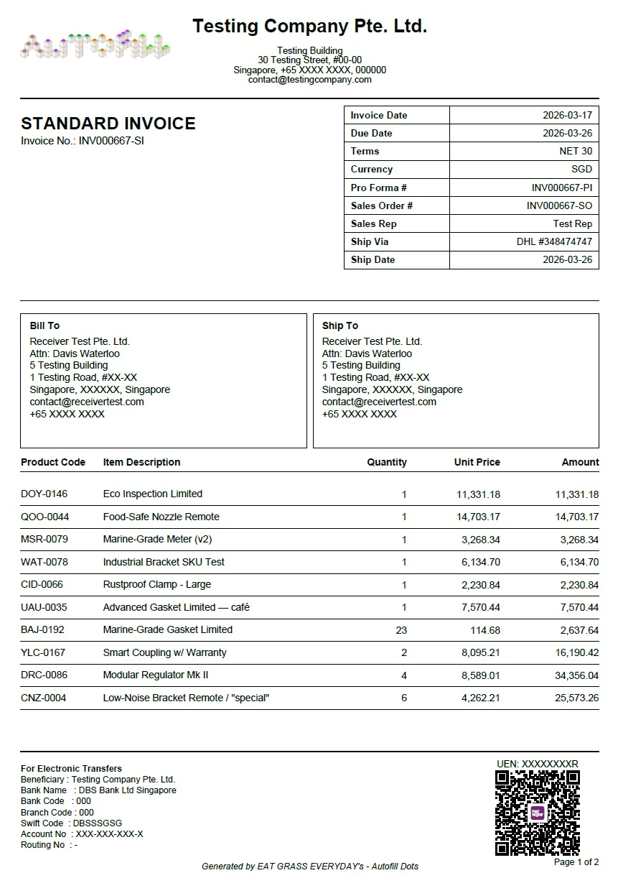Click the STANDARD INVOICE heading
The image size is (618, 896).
(x=108, y=124)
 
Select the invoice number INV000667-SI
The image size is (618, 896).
(x=111, y=141)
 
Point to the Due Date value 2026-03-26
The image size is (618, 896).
(x=567, y=133)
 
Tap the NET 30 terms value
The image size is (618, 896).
(x=576, y=151)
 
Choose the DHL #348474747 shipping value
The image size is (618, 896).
(x=554, y=241)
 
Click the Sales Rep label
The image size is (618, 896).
(x=373, y=223)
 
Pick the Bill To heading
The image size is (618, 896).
(x=45, y=325)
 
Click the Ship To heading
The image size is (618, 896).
(x=340, y=325)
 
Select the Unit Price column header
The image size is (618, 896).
(x=477, y=462)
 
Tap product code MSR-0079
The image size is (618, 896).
(x=45, y=539)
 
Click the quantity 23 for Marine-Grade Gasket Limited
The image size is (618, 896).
(x=401, y=630)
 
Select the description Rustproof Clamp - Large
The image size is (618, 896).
(x=157, y=584)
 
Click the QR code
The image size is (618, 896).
(x=537, y=813)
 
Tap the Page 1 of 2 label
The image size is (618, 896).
(x=576, y=862)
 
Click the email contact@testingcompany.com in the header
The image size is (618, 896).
(x=309, y=80)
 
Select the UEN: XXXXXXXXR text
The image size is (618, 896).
(x=537, y=763)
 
